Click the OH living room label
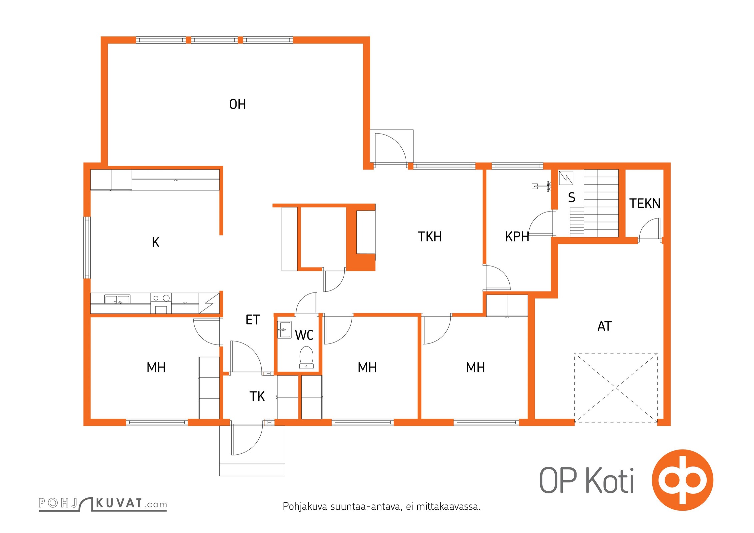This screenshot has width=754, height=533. click(x=237, y=104)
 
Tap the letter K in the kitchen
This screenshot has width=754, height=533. click(x=155, y=242)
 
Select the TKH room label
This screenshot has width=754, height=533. click(x=430, y=237)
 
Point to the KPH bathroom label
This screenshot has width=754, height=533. click(x=517, y=237)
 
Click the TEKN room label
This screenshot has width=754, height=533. click(x=645, y=203)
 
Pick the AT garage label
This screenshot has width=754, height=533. click(x=604, y=326)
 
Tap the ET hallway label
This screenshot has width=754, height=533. click(x=253, y=320)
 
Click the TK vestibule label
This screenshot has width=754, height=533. click(x=257, y=396)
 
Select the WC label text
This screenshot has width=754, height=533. click(x=304, y=335)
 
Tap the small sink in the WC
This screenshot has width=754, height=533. click(x=284, y=329)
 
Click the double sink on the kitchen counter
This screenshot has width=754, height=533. click(x=117, y=299)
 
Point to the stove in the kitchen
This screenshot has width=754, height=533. click(x=161, y=303)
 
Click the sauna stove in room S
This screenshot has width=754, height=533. click(x=566, y=178)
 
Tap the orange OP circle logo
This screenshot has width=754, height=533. click(x=682, y=480)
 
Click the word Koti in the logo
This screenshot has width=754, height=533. click(x=610, y=481)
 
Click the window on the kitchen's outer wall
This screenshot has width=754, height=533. click(x=87, y=248)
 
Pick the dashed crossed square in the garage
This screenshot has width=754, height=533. click(x=616, y=388)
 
